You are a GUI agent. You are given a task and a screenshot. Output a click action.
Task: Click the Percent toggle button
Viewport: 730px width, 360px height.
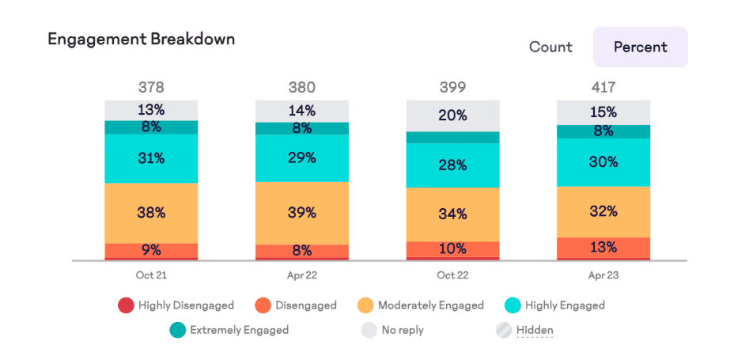(x=640, y=47)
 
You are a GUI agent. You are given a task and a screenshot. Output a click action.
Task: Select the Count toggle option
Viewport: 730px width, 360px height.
(x=550, y=47)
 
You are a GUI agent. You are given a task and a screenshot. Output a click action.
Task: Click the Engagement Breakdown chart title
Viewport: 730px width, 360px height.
(x=142, y=39)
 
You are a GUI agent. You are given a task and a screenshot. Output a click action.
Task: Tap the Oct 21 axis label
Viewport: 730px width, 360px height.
(x=151, y=275)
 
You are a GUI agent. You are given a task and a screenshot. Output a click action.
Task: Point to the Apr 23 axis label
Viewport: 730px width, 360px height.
(x=603, y=275)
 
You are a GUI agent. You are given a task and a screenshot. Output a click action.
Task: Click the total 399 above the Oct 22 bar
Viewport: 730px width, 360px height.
(x=452, y=87)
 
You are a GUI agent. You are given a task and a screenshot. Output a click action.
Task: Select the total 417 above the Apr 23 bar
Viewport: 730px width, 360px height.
(x=603, y=87)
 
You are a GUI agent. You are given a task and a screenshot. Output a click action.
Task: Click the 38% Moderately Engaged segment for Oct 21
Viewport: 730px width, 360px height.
(x=151, y=213)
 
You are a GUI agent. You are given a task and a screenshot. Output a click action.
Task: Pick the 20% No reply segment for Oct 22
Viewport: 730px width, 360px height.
(x=452, y=116)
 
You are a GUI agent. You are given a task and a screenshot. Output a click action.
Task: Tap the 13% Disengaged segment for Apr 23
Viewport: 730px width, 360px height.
(x=603, y=248)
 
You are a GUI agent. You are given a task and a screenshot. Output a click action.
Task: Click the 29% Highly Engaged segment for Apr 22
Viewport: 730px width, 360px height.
(x=301, y=158)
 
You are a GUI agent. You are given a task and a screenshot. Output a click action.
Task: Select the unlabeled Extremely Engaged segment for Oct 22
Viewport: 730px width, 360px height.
(x=452, y=138)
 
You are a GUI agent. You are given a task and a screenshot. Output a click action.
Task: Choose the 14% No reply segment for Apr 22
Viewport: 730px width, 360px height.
(x=301, y=111)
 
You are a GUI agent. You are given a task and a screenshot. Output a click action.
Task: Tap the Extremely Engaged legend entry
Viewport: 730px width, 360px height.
(x=229, y=329)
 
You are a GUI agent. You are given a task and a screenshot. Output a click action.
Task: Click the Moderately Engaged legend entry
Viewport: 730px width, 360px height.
(x=420, y=305)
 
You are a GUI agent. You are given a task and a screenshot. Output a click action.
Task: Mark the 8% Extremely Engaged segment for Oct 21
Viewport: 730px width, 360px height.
(x=151, y=127)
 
